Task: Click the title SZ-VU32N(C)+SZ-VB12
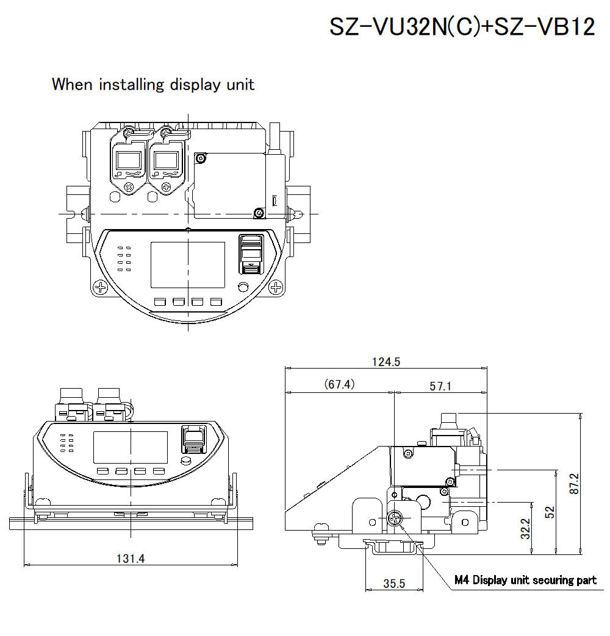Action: tap(462, 27)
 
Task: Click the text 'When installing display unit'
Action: tap(153, 84)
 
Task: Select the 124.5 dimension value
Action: tap(386, 361)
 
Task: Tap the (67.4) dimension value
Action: tap(339, 384)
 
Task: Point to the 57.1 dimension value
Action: tap(440, 386)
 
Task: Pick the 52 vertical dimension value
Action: tap(550, 512)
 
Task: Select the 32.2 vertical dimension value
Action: tap(526, 529)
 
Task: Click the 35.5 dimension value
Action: tap(394, 583)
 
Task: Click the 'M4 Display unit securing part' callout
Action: tap(525, 580)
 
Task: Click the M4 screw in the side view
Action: tap(395, 519)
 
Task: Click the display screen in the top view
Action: tap(188, 265)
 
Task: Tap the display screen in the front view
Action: tap(131, 448)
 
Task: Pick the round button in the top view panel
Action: tap(243, 288)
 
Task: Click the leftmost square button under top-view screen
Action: tap(160, 302)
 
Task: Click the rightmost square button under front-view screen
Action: tap(159, 471)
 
